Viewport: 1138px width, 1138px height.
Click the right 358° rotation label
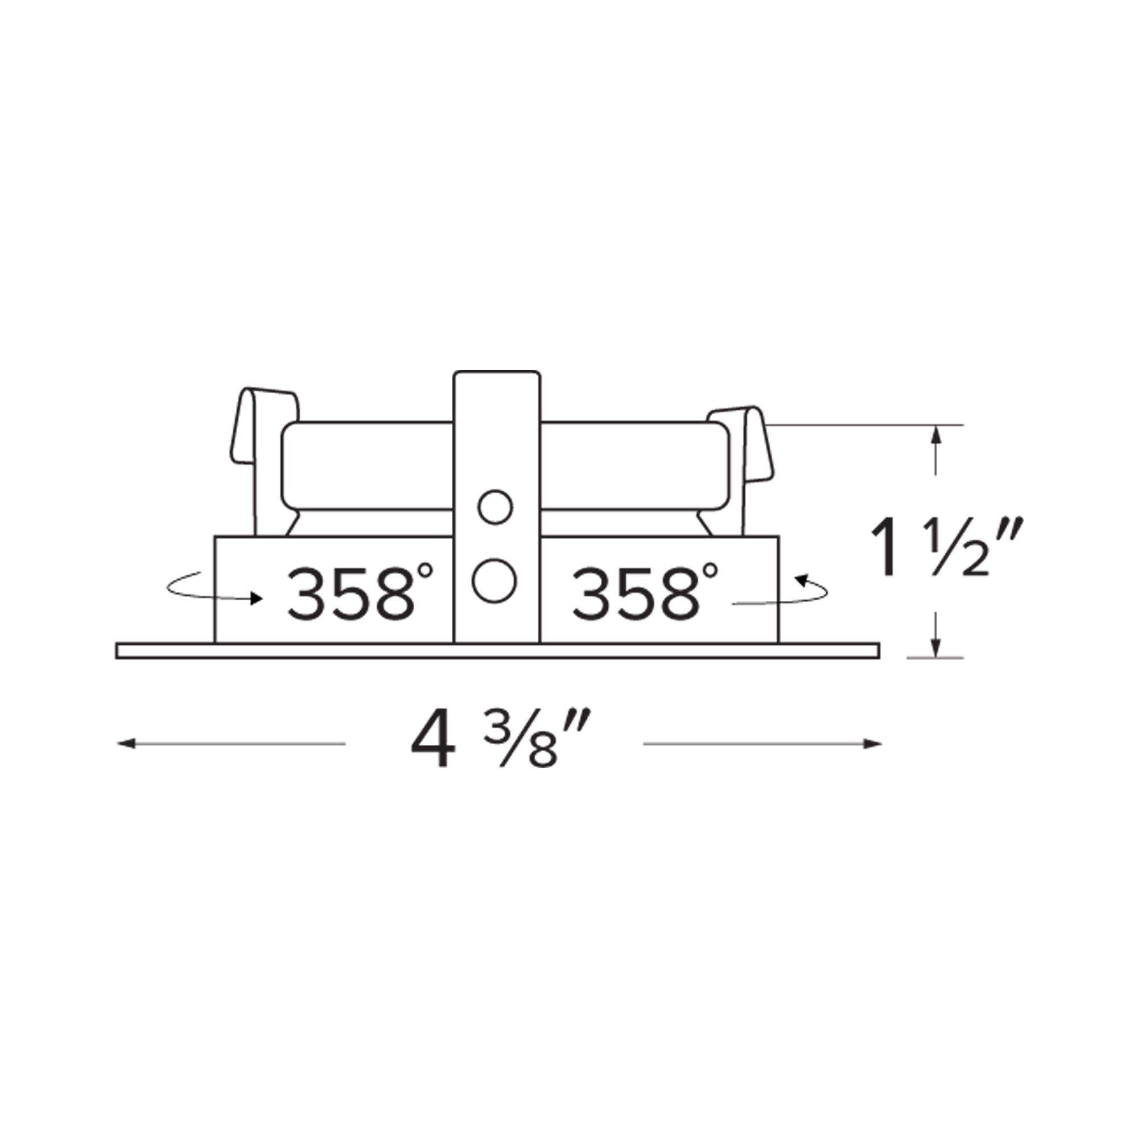pyautogui.click(x=645, y=592)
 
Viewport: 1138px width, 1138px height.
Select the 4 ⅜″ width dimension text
pyautogui.click(x=495, y=743)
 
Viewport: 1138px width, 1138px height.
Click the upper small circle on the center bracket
pyautogui.click(x=496, y=507)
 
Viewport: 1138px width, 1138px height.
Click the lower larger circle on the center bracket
pyautogui.click(x=494, y=580)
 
